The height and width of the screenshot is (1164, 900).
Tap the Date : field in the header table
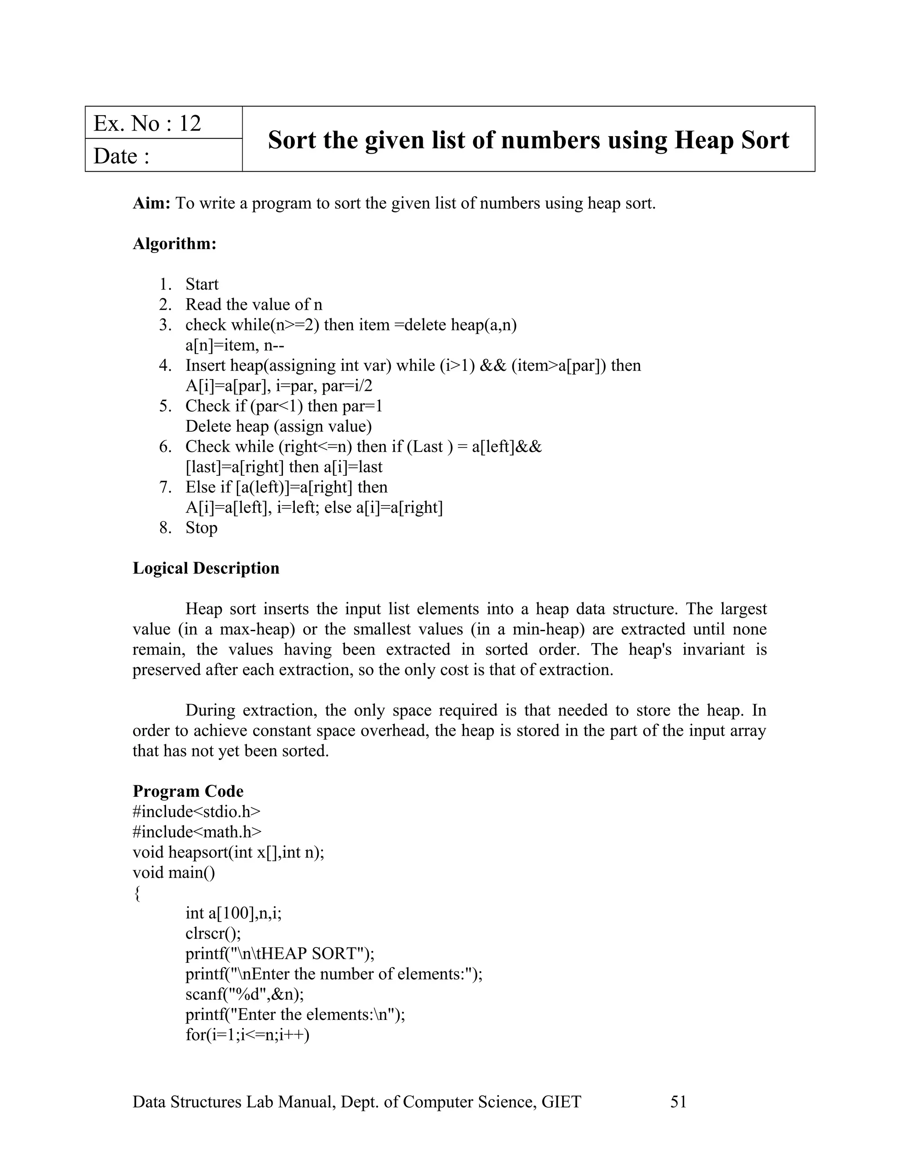pyautogui.click(x=122, y=156)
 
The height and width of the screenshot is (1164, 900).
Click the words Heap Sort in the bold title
pyautogui.click(x=732, y=140)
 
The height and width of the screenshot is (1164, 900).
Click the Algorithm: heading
pyautogui.click(x=175, y=244)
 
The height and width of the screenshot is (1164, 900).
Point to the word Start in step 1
pyautogui.click(x=202, y=284)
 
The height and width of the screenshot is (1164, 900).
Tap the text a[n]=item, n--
pyautogui.click(x=235, y=345)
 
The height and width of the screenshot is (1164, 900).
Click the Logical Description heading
pyautogui.click(x=206, y=568)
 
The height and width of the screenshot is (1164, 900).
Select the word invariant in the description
pyautogui.click(x=713, y=649)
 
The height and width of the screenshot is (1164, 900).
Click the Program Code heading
pyautogui.click(x=188, y=791)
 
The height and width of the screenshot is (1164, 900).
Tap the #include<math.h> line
pyautogui.click(x=197, y=831)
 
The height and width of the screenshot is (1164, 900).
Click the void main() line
pyautogui.click(x=174, y=872)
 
